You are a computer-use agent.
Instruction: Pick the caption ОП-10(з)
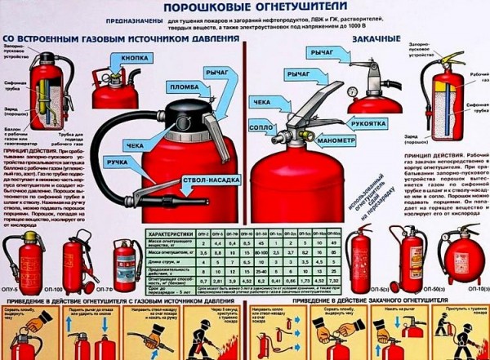(461, 291)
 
